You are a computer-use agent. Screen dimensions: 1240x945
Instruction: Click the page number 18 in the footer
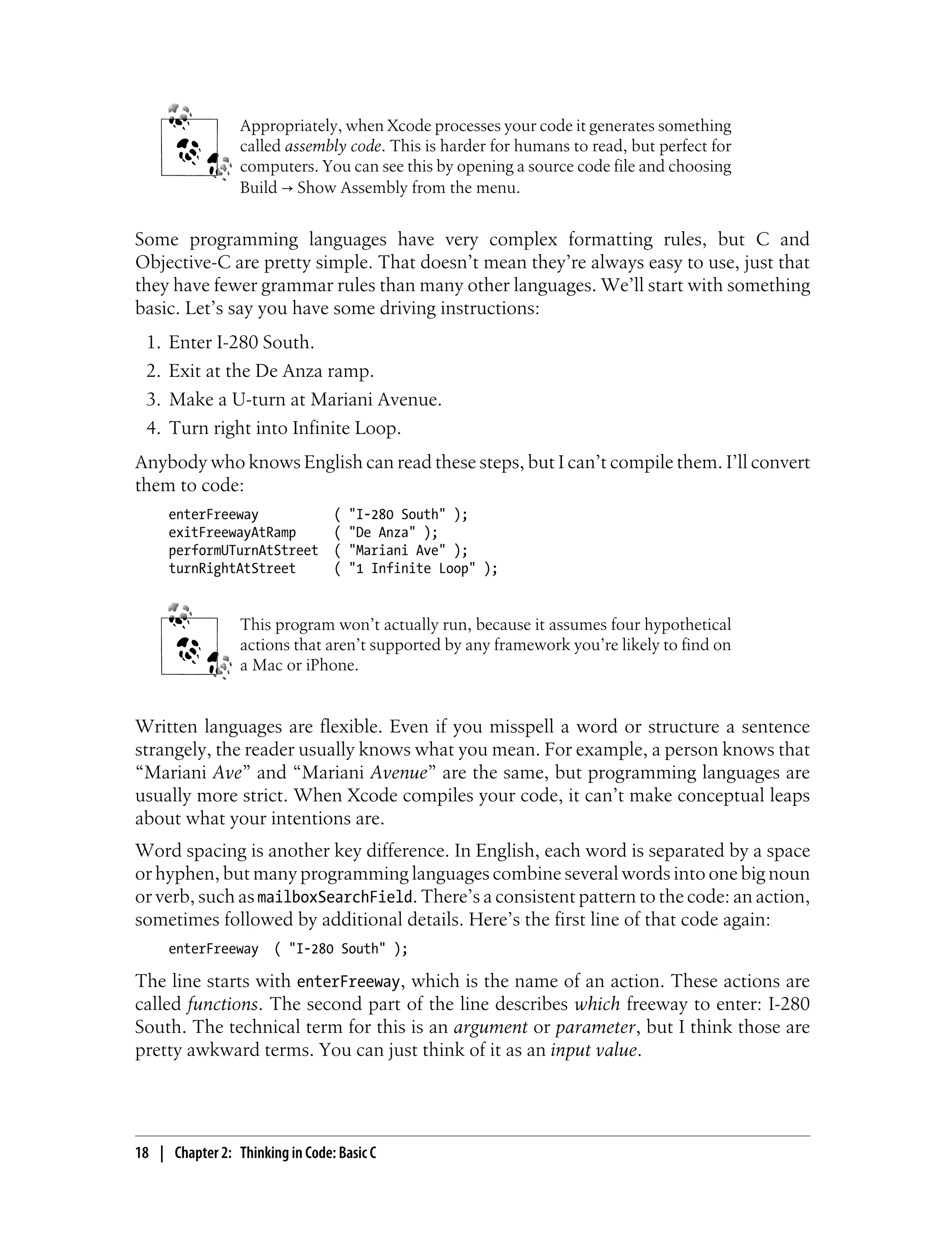[x=142, y=1153]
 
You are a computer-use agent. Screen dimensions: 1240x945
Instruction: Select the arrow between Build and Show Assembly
[x=287, y=188]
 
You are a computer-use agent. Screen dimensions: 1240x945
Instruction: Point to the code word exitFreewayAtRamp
[x=232, y=532]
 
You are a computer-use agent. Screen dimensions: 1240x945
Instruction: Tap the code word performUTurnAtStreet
[x=243, y=550]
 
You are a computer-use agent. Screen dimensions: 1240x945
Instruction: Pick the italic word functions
[x=223, y=1004]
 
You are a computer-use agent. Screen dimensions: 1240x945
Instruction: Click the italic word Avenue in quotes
[x=398, y=773]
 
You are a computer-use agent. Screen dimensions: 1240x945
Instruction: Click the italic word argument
[x=490, y=1027]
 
